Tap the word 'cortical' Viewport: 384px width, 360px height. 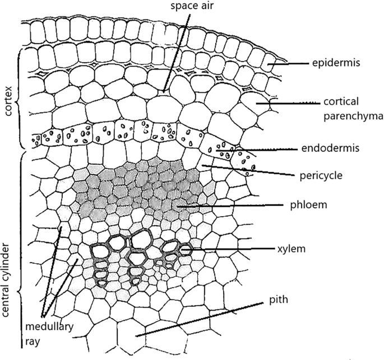pos(341,101)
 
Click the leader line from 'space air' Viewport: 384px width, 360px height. pos(177,50)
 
